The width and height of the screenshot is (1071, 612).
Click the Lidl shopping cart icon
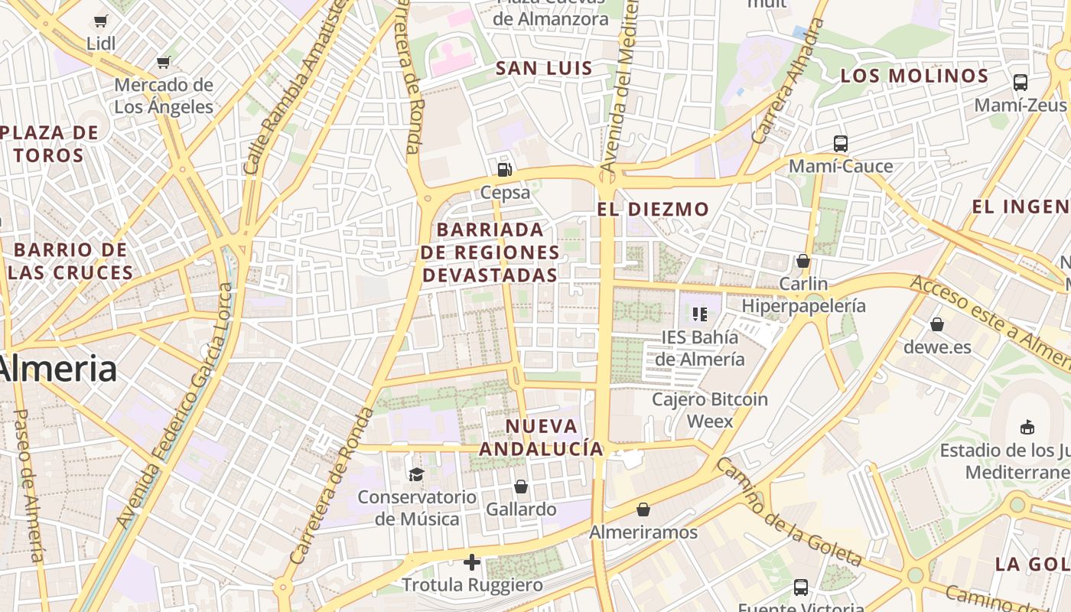[x=100, y=21]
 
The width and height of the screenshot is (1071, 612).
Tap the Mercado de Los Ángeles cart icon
[x=163, y=62]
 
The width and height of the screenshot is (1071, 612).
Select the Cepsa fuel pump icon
[x=503, y=170]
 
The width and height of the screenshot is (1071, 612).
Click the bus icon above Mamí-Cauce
[x=840, y=143]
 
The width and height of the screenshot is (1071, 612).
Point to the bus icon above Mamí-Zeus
[x=1020, y=82]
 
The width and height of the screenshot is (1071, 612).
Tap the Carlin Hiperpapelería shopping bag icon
[x=802, y=261]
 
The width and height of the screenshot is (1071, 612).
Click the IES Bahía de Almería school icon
[x=699, y=314]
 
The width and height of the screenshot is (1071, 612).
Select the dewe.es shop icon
[x=936, y=324]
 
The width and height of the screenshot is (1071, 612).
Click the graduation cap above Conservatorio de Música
[x=416, y=474]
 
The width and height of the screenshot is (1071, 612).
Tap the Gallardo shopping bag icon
[x=521, y=487]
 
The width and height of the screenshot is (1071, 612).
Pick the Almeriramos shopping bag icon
[x=643, y=509]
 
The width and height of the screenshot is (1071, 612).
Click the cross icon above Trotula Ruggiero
[x=472, y=562]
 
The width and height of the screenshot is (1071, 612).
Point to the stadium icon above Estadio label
[x=1027, y=427]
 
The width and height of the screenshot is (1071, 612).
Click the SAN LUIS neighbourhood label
[x=544, y=68]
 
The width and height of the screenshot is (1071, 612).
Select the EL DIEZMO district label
[x=653, y=209]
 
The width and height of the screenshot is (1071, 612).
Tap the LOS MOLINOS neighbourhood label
[x=914, y=76]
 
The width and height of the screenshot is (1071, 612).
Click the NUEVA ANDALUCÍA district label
[x=541, y=437]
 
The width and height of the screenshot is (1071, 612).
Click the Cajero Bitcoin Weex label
[x=709, y=410]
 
